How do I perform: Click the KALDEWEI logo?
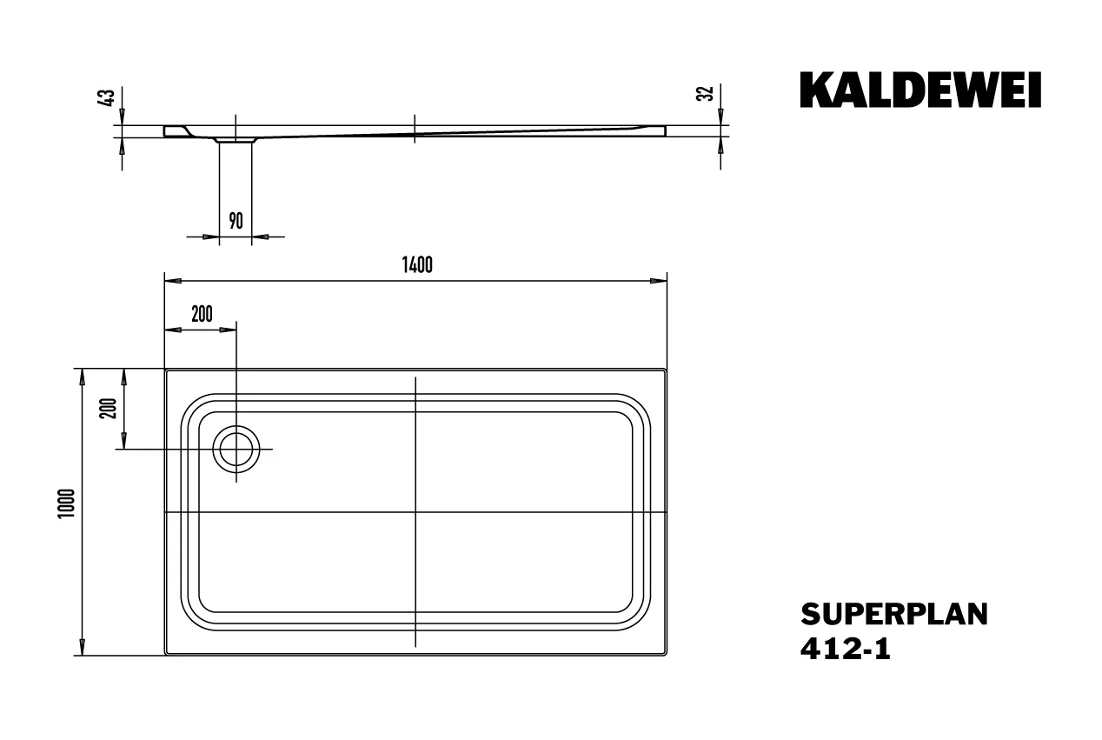(920, 91)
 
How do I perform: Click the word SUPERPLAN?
(893, 614)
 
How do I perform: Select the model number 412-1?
(845, 649)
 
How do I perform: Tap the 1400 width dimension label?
(417, 266)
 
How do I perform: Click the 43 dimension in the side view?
(109, 97)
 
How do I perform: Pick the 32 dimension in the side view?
(707, 94)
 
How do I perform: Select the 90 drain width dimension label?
(236, 221)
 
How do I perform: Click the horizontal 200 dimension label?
(202, 315)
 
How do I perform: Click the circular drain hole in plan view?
(236, 450)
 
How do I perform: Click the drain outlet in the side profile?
(236, 138)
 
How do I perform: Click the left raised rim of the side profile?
(175, 130)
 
